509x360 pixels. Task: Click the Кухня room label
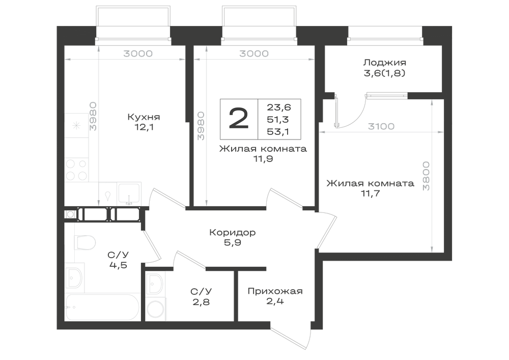[144, 117]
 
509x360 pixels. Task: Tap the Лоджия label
[385, 62]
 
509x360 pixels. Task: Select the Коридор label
[233, 232]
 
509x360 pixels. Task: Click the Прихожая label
[275, 291]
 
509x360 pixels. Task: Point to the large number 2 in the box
[239, 119]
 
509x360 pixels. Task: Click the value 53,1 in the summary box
[278, 132]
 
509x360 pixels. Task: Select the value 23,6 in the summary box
[279, 107]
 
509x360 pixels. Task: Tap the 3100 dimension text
[381, 126]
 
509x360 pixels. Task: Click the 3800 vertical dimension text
[426, 176]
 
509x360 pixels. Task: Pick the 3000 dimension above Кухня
[138, 53]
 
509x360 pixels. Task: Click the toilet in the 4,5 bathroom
[84, 242]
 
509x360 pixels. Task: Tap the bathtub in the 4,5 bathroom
[102, 307]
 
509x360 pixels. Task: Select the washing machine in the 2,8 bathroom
[155, 309]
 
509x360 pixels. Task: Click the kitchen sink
[129, 194]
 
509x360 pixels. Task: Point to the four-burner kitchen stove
[77, 170]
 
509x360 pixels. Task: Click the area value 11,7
[371, 193]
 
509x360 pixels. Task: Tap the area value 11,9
[263, 159]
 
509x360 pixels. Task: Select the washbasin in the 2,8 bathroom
[155, 284]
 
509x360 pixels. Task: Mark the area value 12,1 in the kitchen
[144, 127]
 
